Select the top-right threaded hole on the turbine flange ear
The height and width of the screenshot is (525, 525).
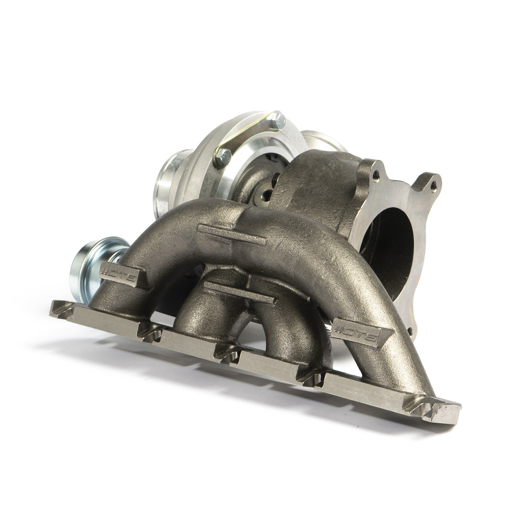click(434, 183)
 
